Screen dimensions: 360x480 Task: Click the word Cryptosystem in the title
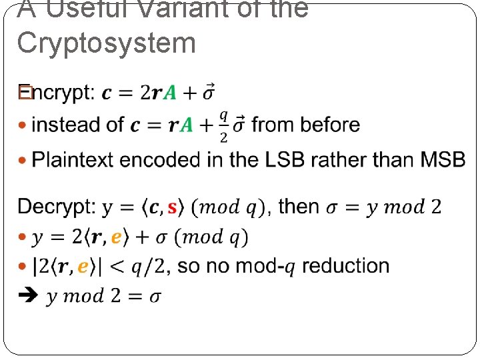point(106,43)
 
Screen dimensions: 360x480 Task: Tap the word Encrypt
point(57,92)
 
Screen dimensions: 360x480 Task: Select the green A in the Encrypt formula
point(170,93)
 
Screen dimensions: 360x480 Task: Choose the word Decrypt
point(57,207)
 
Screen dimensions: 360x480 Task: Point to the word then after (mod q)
point(299,207)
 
